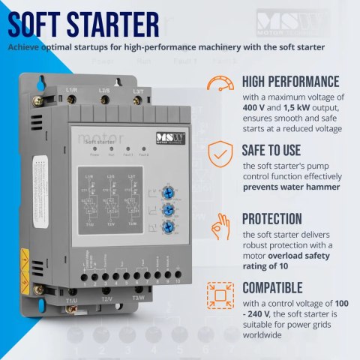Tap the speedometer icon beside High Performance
(x=219, y=84)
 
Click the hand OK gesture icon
(x=219, y=223)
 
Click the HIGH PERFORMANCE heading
(x=289, y=81)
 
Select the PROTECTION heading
(x=274, y=218)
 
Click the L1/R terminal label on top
(x=73, y=91)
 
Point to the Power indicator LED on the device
(x=95, y=151)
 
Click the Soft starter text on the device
(x=100, y=140)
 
